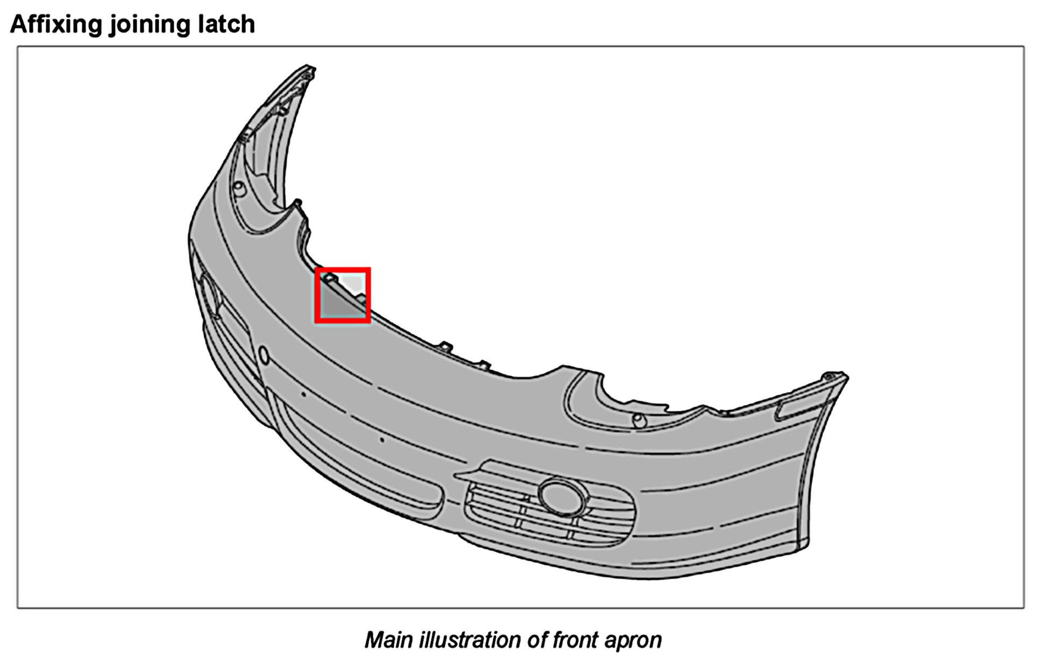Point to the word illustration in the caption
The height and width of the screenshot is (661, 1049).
click(x=469, y=640)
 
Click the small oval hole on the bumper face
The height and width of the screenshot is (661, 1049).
click(x=264, y=355)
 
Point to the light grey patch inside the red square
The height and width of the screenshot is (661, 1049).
click(x=355, y=283)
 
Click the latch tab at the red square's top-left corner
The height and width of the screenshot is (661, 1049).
click(x=329, y=277)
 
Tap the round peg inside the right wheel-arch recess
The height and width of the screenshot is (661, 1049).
click(x=639, y=419)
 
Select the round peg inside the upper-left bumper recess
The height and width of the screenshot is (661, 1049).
click(x=239, y=188)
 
